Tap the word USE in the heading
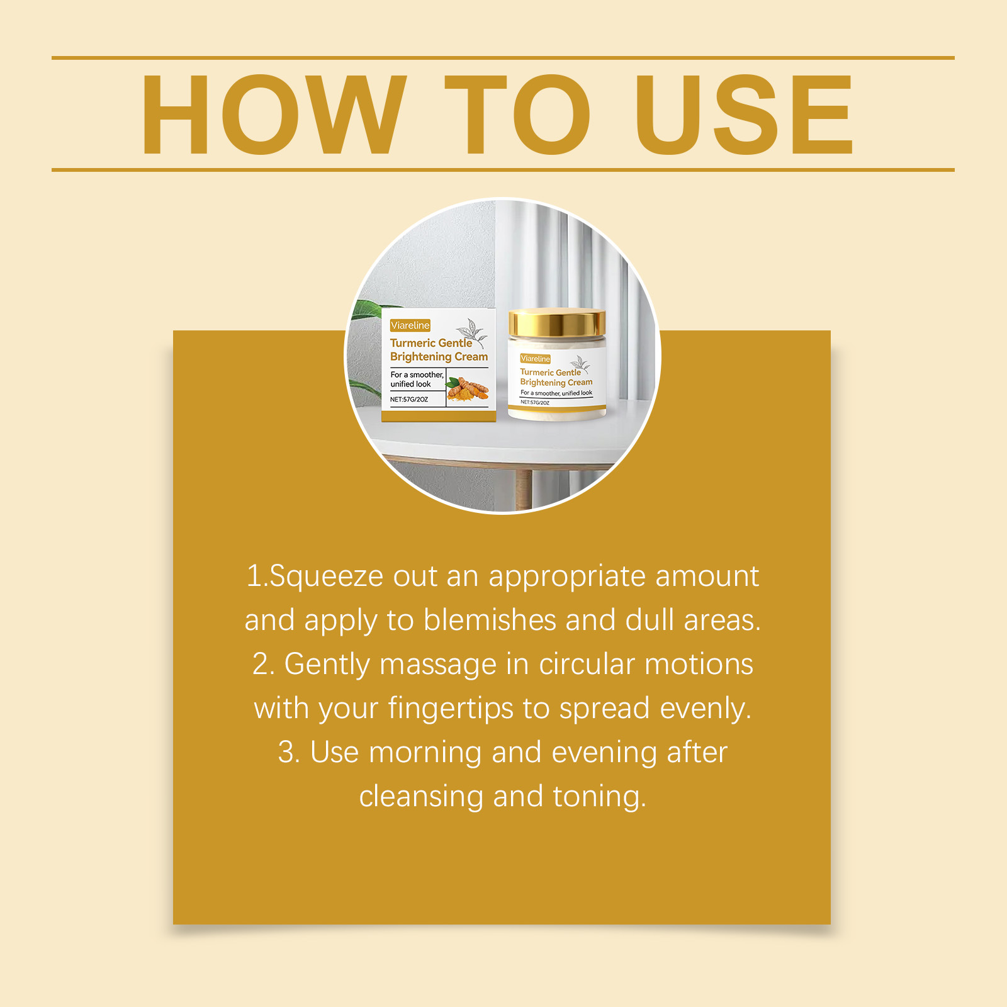[745, 115]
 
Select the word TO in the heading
[517, 115]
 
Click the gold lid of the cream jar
[557, 323]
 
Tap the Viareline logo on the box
[410, 325]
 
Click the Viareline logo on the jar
[536, 359]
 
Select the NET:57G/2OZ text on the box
[409, 399]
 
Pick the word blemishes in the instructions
[490, 620]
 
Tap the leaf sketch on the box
[471, 333]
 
